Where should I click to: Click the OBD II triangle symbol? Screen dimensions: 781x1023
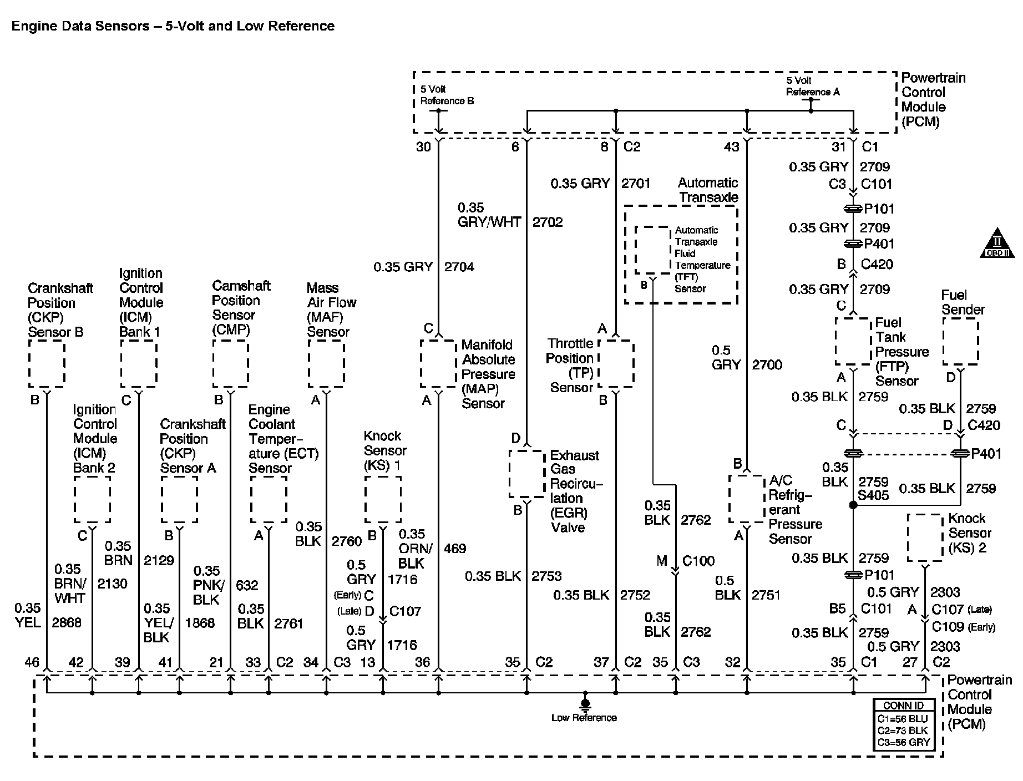pos(996,244)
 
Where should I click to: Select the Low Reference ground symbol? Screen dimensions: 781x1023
pos(584,703)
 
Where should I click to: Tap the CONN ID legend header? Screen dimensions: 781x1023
pos(903,706)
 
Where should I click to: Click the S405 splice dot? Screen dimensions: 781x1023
pos(853,505)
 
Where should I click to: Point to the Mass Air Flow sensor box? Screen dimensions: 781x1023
pos(326,363)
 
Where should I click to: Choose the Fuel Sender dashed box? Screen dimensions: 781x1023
pos(960,341)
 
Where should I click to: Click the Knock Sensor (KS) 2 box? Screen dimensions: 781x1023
pos(925,537)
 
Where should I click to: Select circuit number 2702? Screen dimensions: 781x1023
pos(548,222)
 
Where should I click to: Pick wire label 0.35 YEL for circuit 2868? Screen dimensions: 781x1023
pos(28,615)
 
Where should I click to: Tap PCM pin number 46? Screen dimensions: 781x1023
pos(32,662)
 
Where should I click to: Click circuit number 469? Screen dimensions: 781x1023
pos(455,549)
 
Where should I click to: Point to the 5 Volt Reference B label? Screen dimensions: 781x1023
pos(447,95)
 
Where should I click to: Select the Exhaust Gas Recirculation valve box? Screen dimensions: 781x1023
pos(526,474)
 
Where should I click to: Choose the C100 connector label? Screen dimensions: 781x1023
pos(698,561)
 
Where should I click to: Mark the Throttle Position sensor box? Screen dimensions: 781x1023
pos(616,363)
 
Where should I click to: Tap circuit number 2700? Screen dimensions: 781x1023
pos(767,365)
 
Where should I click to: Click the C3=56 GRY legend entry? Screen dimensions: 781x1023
pos(903,742)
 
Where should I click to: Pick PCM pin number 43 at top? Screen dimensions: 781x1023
pos(732,146)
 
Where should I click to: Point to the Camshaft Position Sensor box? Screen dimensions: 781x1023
pos(230,363)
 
